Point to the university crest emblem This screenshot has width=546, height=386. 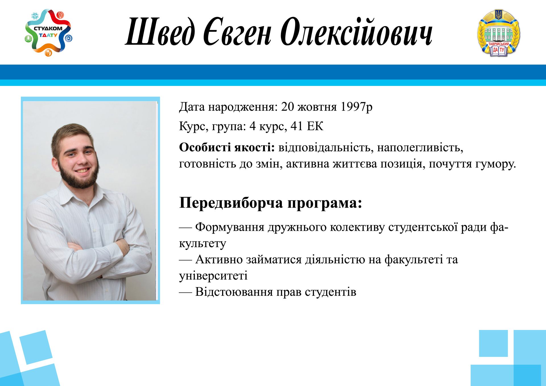coord(499,33)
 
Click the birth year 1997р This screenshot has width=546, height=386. coord(356,107)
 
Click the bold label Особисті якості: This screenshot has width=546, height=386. coord(227,147)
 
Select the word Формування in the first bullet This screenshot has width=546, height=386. coord(230,227)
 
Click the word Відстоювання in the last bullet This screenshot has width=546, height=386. coord(234,292)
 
